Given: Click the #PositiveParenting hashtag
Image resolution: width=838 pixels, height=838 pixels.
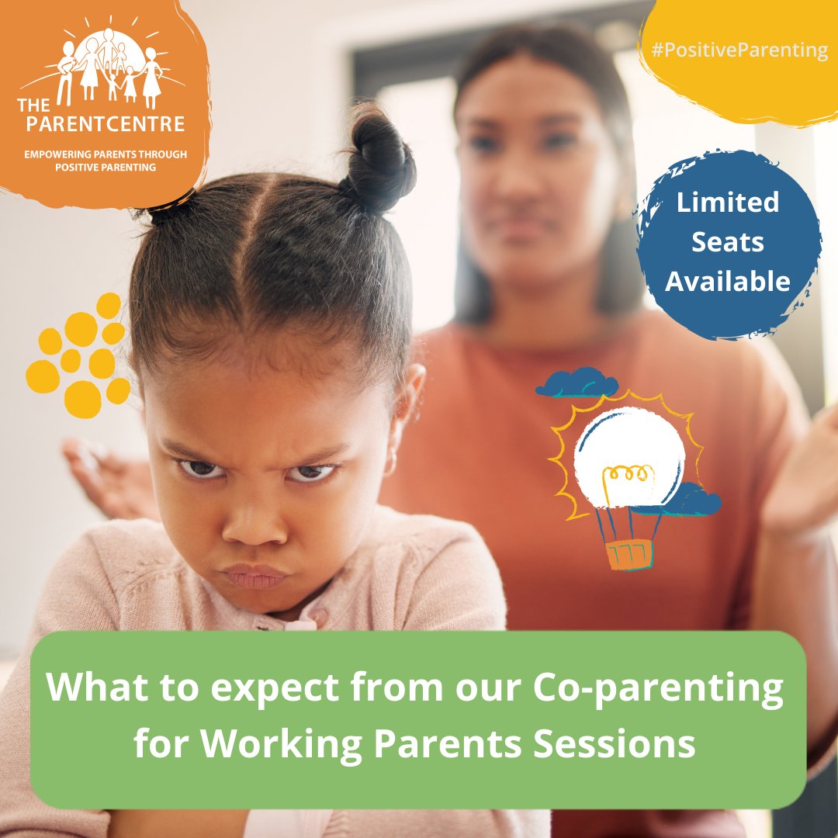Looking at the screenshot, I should click(739, 51).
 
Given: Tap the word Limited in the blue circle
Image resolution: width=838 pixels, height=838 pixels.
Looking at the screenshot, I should click(728, 203).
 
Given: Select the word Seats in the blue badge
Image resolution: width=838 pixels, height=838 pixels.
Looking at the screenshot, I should click(728, 242).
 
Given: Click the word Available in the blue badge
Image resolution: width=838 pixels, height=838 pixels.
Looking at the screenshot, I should click(728, 282).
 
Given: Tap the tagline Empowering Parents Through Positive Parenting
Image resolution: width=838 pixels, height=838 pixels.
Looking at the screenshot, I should click(106, 161).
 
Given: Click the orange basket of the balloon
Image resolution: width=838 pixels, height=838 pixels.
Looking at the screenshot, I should click(628, 555).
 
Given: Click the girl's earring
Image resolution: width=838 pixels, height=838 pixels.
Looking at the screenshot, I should click(390, 465).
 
